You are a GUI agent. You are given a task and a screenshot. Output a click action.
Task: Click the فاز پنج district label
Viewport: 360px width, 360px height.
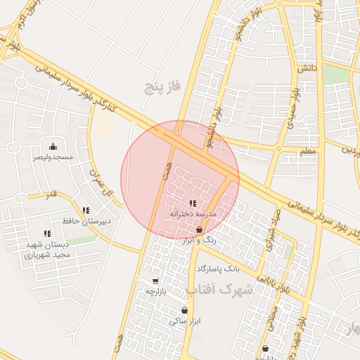point(163,86)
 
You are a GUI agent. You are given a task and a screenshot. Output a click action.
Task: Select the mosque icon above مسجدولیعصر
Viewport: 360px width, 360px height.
point(53,146)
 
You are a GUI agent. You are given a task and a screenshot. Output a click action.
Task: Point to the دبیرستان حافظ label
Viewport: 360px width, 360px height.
point(86,221)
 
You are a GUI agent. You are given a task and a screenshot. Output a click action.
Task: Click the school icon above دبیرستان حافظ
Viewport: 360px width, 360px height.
point(86,210)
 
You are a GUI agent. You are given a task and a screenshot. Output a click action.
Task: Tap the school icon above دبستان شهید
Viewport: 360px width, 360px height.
point(48,233)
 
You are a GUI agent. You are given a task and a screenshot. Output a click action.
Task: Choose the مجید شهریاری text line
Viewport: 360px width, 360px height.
point(48,255)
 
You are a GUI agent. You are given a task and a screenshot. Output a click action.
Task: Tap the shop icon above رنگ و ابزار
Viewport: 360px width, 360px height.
point(200,230)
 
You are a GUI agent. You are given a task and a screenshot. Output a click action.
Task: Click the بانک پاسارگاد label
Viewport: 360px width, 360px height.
point(219,269)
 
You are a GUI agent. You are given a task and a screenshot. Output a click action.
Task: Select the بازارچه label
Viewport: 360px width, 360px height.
point(155,291)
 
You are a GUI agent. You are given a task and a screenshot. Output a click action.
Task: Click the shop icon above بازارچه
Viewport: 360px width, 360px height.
point(155,281)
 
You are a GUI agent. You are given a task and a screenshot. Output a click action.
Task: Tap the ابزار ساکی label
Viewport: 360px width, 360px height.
point(184,321)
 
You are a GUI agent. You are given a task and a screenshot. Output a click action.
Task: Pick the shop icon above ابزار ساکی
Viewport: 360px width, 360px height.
point(184,311)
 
